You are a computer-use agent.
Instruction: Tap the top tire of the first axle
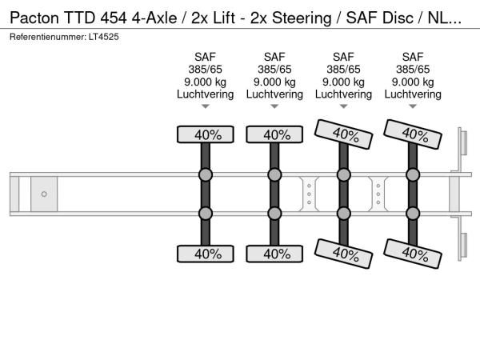click(206, 134)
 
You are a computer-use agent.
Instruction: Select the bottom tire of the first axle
click(206, 254)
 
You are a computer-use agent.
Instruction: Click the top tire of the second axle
click(274, 134)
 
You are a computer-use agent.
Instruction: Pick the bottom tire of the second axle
click(274, 254)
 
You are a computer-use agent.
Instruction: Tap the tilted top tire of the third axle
click(343, 134)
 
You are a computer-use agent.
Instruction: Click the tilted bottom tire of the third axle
click(343, 254)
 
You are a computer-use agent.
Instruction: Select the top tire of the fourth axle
click(413, 133)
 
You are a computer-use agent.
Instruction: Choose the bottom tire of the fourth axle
click(413, 254)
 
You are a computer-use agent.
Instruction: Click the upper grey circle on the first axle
click(206, 175)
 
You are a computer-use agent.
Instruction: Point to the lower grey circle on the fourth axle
click(413, 213)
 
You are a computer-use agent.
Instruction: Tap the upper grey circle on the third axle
click(343, 175)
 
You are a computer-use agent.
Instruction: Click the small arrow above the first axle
click(206, 106)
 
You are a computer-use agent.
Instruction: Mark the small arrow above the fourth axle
click(413, 106)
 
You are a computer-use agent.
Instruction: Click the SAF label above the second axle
click(274, 57)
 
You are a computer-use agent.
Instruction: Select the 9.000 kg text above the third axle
click(343, 82)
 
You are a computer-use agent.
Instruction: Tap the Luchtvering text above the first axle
click(206, 94)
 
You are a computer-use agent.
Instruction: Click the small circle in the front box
click(44, 194)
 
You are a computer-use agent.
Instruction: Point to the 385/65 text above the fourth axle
click(413, 69)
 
